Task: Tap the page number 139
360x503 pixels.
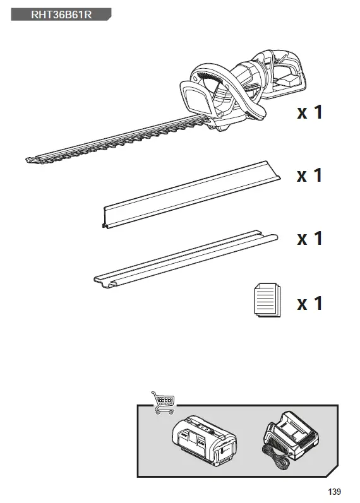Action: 334,491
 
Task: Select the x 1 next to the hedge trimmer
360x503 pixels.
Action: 309,112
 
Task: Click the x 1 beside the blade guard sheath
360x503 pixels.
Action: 309,239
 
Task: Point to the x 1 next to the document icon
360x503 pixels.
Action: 309,303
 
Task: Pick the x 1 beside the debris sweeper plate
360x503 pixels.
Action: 309,175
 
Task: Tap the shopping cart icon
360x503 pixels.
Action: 163,402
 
